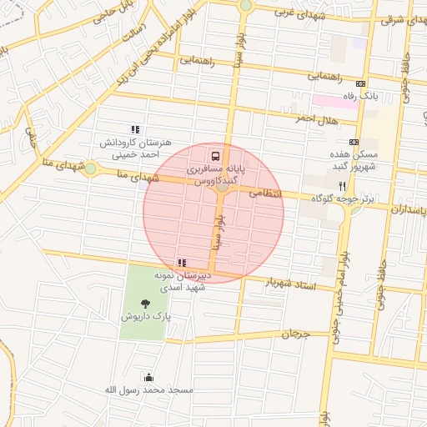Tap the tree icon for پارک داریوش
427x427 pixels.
point(147,304)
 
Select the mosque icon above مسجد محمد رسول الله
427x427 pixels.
point(149,377)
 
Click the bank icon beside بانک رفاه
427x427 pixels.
point(360,83)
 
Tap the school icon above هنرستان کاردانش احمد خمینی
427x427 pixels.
point(135,129)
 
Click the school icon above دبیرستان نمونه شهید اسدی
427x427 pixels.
point(182,263)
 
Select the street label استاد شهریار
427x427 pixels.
point(291,284)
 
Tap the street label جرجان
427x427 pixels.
point(294,334)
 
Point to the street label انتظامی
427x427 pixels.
point(267,193)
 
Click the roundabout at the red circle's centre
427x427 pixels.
point(222,188)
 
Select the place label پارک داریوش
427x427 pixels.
point(147,318)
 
